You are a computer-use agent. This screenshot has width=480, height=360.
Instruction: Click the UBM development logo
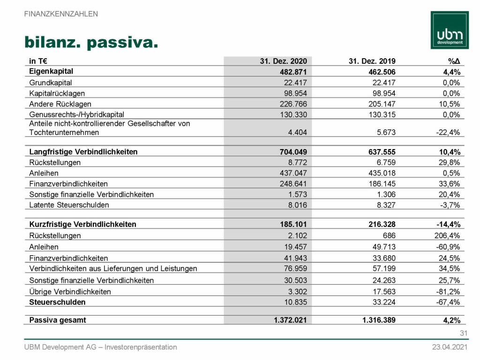click(450, 30)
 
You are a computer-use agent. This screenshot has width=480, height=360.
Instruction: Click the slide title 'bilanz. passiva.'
click(90, 43)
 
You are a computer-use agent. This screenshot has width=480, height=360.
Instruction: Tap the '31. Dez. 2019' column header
click(372, 61)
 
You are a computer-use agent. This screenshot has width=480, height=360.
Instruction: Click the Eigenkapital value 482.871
click(293, 72)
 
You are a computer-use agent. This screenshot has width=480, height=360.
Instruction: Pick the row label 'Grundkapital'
click(50, 82)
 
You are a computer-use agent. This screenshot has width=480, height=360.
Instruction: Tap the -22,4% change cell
click(449, 133)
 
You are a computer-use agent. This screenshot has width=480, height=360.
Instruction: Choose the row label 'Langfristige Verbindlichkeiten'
click(83, 152)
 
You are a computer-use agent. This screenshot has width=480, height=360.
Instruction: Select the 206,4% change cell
click(448, 236)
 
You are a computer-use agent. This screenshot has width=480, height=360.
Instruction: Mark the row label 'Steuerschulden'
click(57, 302)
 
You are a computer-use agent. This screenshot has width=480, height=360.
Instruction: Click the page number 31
click(464, 334)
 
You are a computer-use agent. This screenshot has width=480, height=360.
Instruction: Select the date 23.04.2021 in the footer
click(450, 347)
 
